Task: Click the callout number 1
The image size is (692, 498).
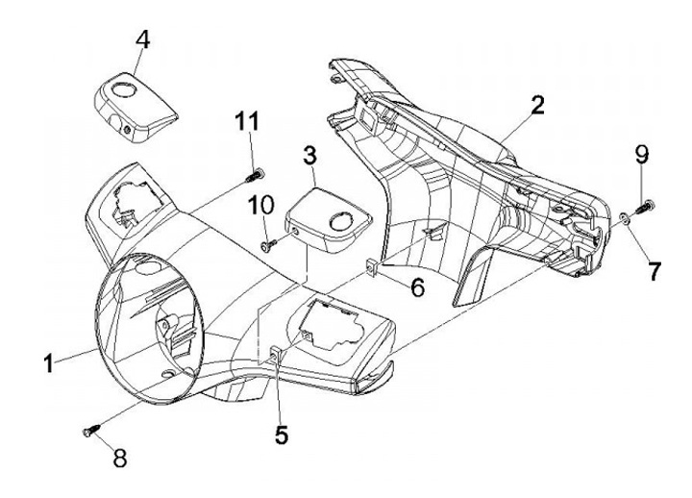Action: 49,364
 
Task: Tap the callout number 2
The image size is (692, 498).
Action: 537,106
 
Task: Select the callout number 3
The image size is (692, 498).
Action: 309,157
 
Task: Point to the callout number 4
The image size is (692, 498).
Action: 142,40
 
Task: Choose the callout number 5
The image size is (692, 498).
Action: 282,435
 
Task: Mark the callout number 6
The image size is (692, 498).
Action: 417,287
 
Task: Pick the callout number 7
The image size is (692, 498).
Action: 654,271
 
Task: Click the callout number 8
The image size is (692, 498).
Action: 119,458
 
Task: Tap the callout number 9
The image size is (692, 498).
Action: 642,156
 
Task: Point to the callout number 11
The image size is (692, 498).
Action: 247,121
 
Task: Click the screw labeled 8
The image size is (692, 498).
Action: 91,430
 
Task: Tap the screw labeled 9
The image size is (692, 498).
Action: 645,207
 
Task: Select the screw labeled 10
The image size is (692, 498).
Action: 269,244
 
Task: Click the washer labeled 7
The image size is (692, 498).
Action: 625,217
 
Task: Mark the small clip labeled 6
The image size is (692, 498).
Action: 370,266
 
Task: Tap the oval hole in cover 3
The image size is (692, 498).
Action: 341,221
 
